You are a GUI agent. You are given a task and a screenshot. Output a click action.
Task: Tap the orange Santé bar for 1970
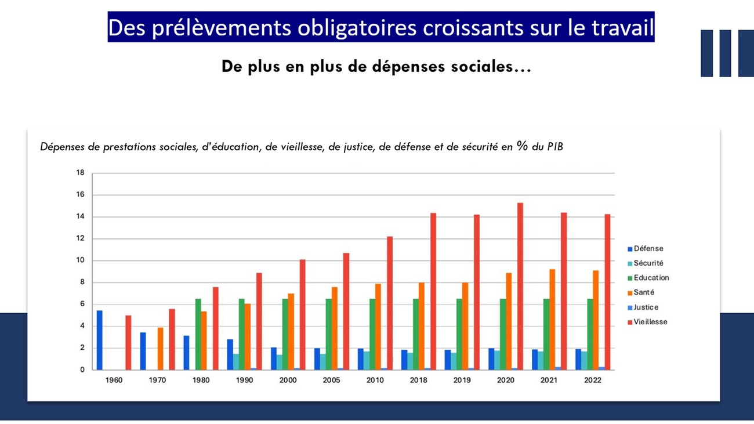pos(161,348)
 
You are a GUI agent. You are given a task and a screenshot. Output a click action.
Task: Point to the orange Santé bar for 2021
pos(552,319)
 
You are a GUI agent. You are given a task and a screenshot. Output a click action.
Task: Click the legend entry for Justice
pos(646,307)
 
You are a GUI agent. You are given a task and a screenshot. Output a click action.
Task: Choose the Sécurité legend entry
pos(648,263)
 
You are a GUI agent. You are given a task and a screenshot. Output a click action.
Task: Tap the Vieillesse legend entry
pos(650,322)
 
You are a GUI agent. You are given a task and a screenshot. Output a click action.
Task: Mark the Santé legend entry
pos(644,292)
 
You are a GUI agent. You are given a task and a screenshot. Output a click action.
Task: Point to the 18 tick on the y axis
pos(80,173)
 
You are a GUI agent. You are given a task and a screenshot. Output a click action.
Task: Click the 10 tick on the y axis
pos(80,260)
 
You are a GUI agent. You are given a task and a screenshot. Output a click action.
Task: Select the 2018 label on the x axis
pos(418,380)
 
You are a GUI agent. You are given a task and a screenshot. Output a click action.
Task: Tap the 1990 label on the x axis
pos(244,380)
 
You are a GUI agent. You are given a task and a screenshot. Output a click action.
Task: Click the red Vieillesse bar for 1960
pos(128,342)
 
